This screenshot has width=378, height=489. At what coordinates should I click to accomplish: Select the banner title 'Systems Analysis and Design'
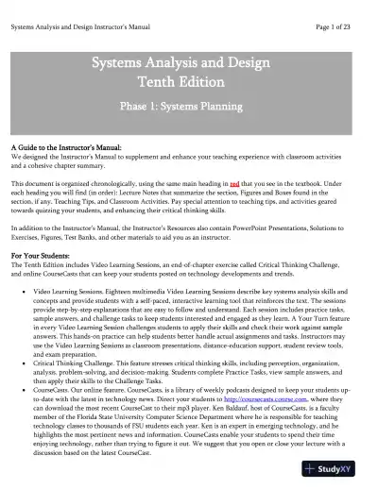pos(190,63)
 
